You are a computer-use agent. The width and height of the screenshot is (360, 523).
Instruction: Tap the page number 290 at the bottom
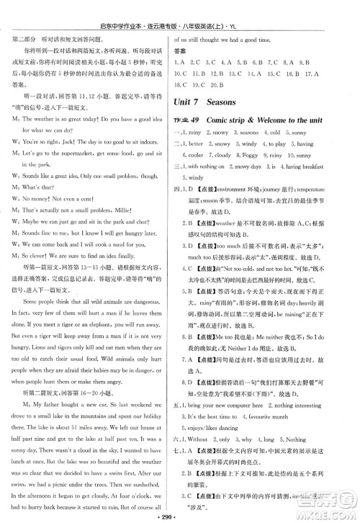pyautogui.click(x=180, y=516)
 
